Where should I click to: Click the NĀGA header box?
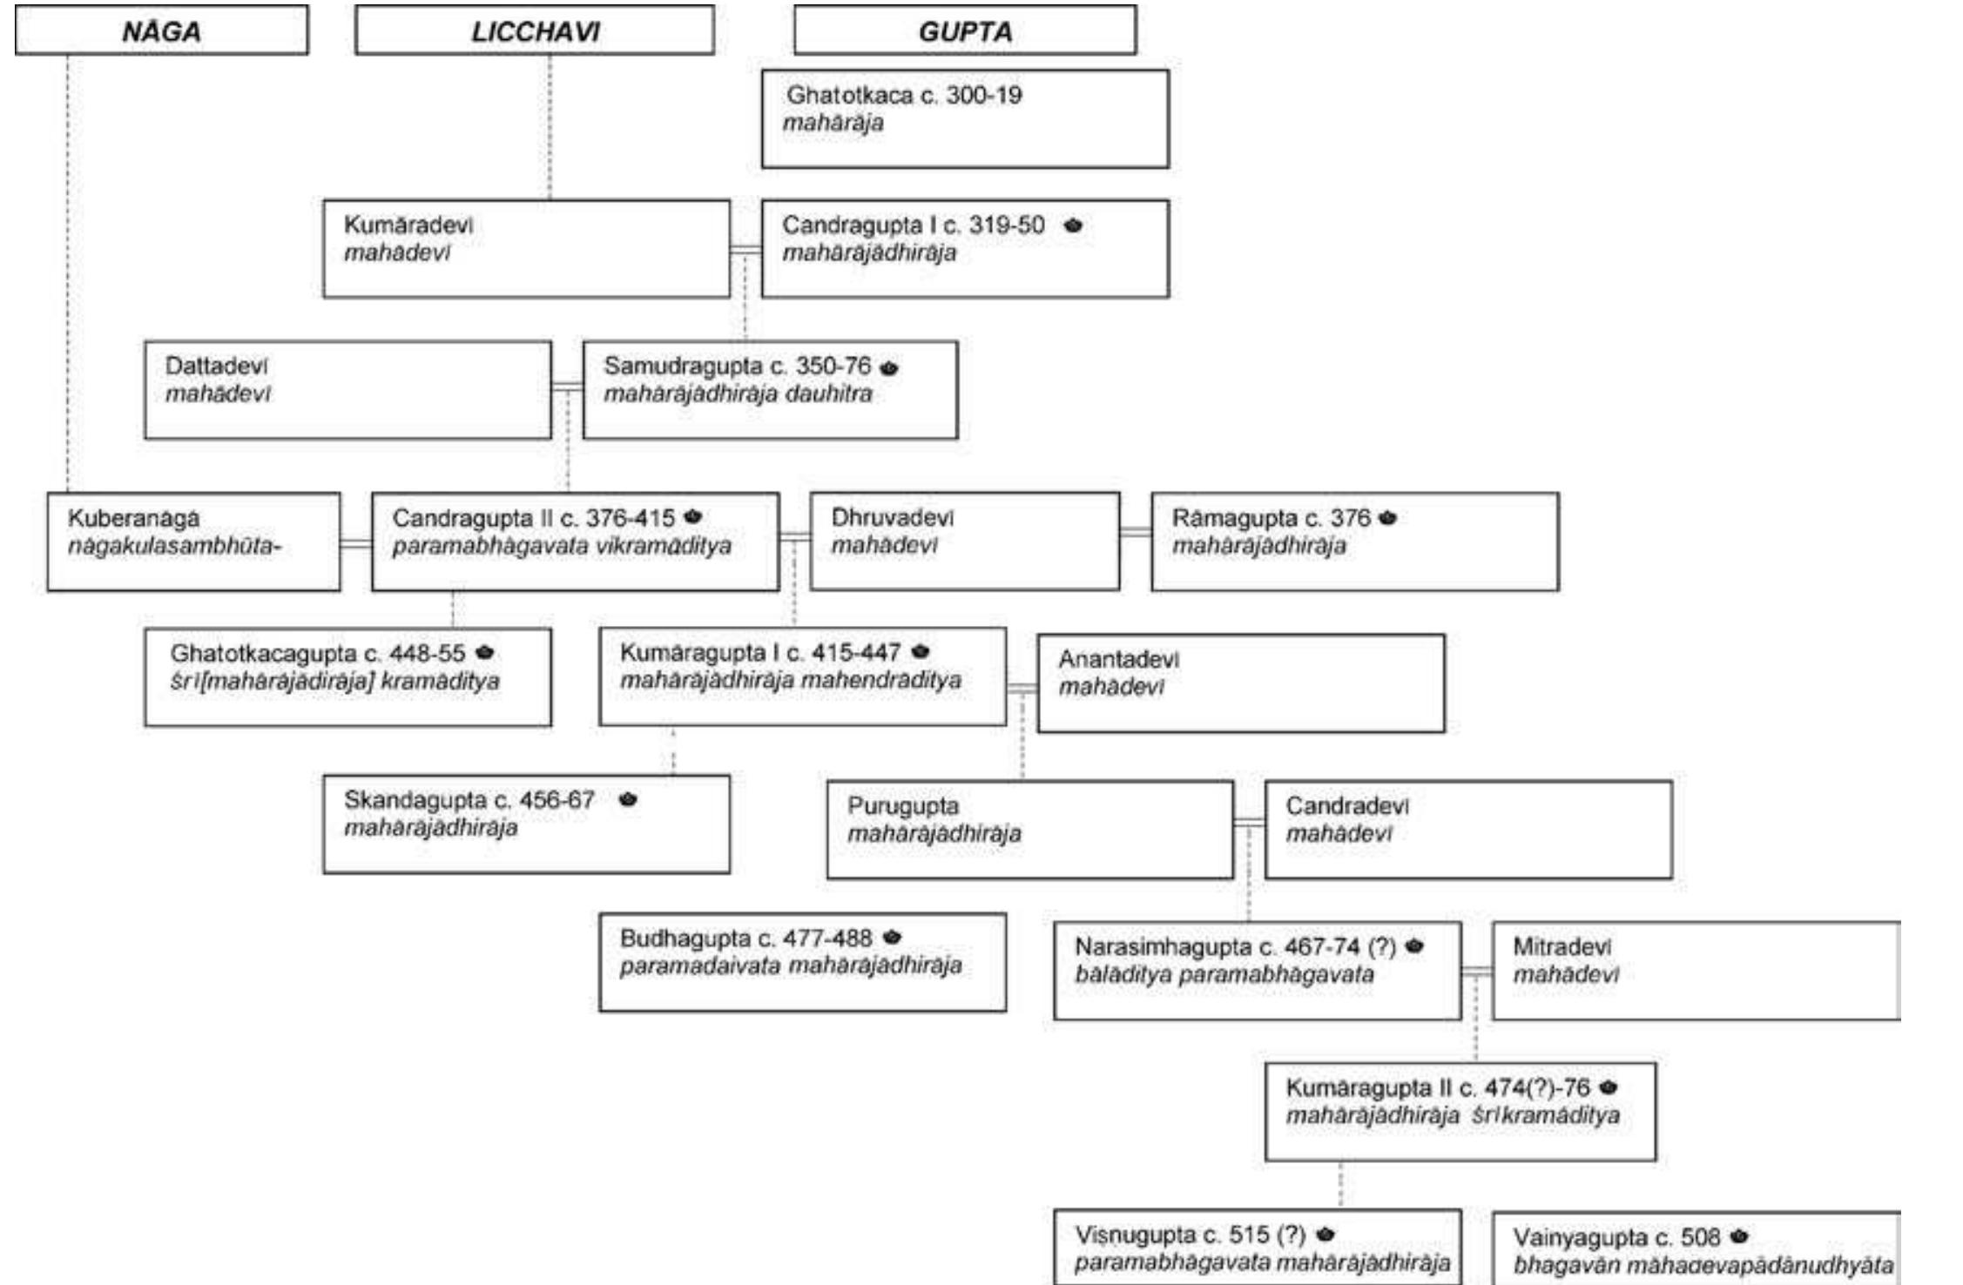click(161, 31)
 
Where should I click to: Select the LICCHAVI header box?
click(534, 31)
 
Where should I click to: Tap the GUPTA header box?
click(964, 31)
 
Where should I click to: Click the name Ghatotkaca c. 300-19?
click(903, 95)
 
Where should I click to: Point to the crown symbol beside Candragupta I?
click(1073, 225)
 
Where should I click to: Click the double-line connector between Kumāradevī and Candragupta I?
click(745, 250)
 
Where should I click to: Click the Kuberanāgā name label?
click(133, 519)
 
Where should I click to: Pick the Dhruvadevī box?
click(964, 542)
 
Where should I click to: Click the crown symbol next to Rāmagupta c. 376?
click(1387, 518)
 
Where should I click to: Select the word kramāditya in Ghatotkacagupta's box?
click(440, 682)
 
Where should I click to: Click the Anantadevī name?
click(1118, 660)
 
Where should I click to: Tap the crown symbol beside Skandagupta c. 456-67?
click(628, 799)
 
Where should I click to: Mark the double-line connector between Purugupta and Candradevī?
click(1249, 822)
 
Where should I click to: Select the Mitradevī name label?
click(1562, 946)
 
